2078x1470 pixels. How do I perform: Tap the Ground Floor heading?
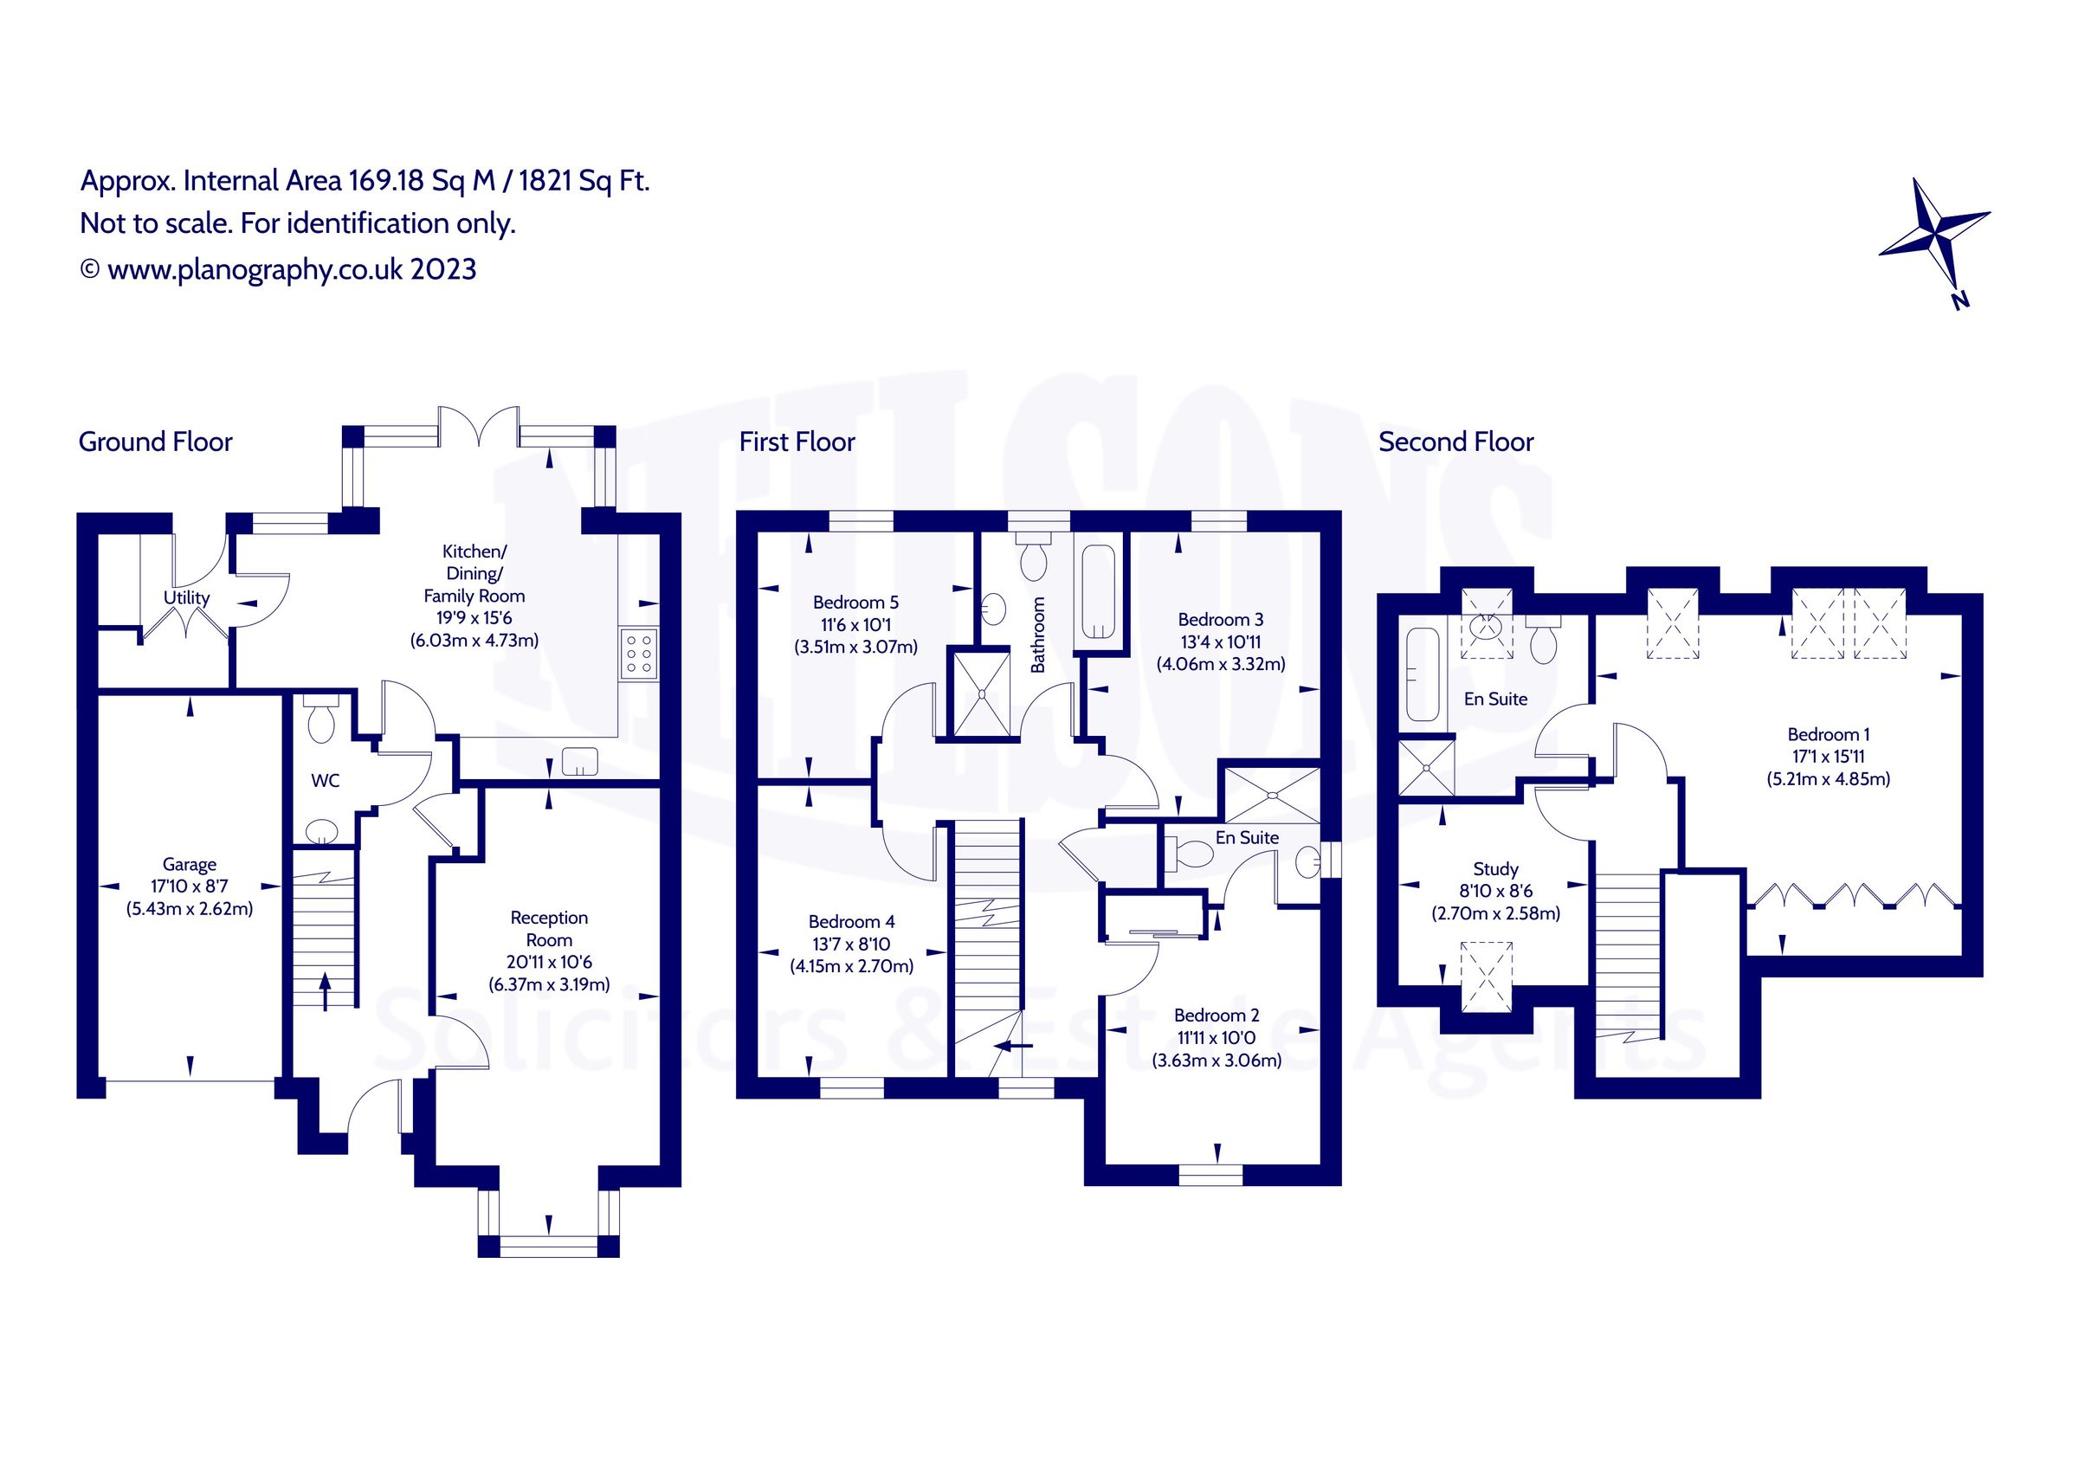pos(156,442)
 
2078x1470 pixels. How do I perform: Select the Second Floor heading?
pos(1456,442)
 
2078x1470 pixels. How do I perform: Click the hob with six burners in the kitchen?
pos(639,653)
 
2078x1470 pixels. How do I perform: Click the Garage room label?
pos(189,865)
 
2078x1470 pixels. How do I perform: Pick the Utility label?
pos(186,597)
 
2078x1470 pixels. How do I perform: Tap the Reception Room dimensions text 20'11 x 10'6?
pos(549,962)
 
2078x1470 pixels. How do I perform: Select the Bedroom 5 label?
pos(855,602)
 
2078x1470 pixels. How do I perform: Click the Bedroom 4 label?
pos(852,921)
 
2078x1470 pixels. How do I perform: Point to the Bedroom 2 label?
pos(1216,1015)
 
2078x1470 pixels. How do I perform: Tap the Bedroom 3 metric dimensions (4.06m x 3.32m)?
pos(1221,663)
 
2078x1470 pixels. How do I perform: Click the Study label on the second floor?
pos(1495,869)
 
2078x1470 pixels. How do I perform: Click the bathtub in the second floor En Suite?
pos(1423,674)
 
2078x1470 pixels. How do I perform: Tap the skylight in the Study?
pos(1487,977)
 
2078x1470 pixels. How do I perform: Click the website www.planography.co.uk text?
pos(255,270)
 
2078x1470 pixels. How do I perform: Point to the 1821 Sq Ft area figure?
pos(584,181)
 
